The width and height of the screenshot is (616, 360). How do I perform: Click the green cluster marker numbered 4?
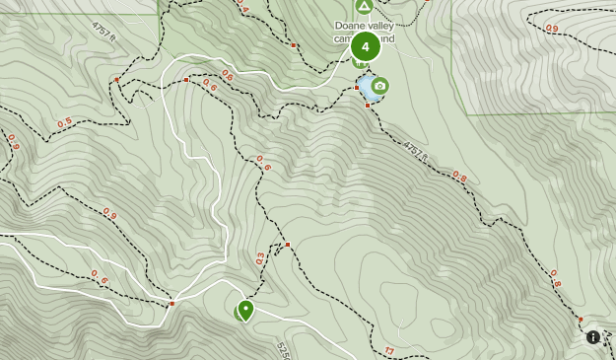click(366, 45)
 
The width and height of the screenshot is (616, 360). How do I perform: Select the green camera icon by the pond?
click(379, 86)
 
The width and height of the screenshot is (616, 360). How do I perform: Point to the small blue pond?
click(367, 89)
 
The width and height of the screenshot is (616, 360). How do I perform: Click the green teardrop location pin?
click(244, 311)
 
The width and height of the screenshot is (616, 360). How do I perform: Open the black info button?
click(593, 337)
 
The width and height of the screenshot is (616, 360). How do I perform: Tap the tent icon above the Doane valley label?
click(364, 7)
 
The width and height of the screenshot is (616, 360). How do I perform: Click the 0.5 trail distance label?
click(65, 123)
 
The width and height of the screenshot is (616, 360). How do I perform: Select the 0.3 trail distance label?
click(260, 258)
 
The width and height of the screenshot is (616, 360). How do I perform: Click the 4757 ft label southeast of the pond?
click(416, 151)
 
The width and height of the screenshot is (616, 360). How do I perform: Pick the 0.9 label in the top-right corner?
click(551, 29)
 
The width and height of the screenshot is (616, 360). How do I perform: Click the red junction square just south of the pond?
click(368, 106)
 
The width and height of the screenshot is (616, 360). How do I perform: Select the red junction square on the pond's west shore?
click(357, 88)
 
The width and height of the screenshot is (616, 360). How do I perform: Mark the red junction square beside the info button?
click(581, 319)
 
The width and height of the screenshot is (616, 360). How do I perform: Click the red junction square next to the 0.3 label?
click(287, 245)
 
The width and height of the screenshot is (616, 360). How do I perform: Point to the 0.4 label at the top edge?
click(242, 8)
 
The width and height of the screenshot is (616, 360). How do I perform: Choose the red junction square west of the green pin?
click(171, 303)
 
